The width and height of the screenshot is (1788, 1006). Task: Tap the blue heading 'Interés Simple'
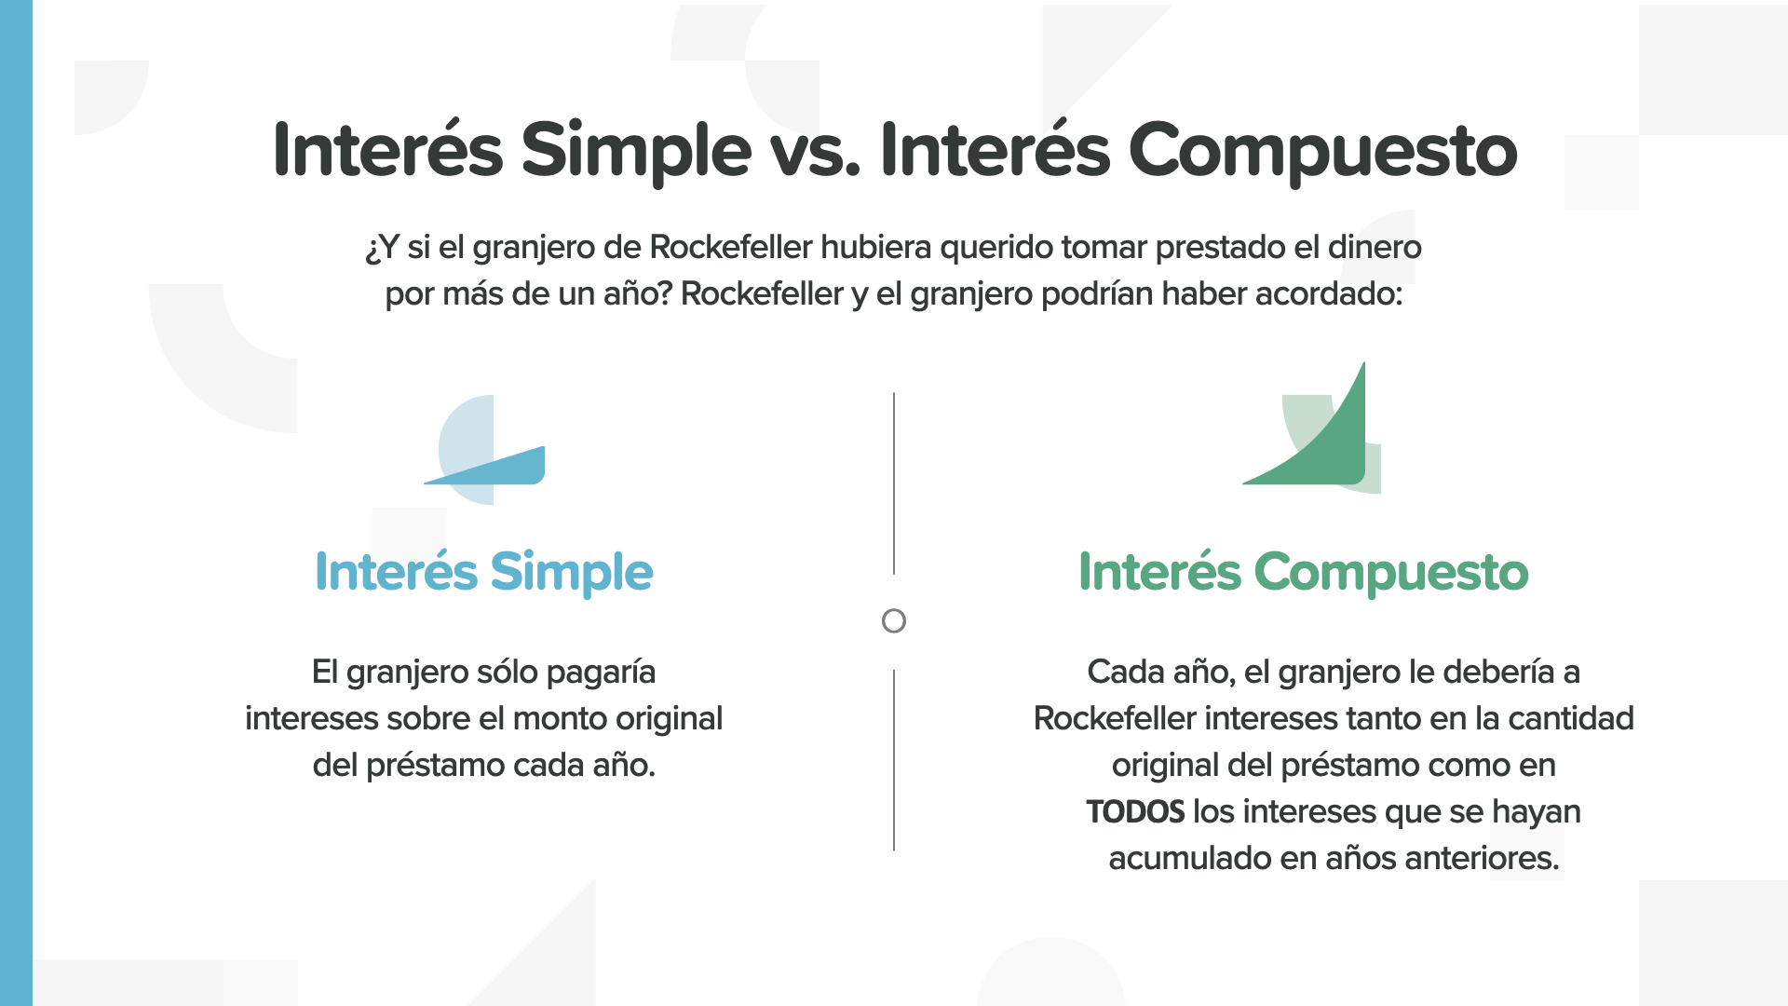(484, 572)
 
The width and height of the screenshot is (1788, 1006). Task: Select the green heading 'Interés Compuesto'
(1304, 572)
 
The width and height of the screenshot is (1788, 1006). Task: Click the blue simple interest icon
(484, 450)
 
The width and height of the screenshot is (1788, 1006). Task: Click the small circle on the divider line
(894, 621)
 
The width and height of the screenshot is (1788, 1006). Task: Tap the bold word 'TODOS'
(1135, 812)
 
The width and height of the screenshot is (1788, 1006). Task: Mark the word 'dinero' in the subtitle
(1375, 247)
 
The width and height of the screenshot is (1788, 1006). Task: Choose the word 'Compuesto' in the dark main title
(1323, 152)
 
